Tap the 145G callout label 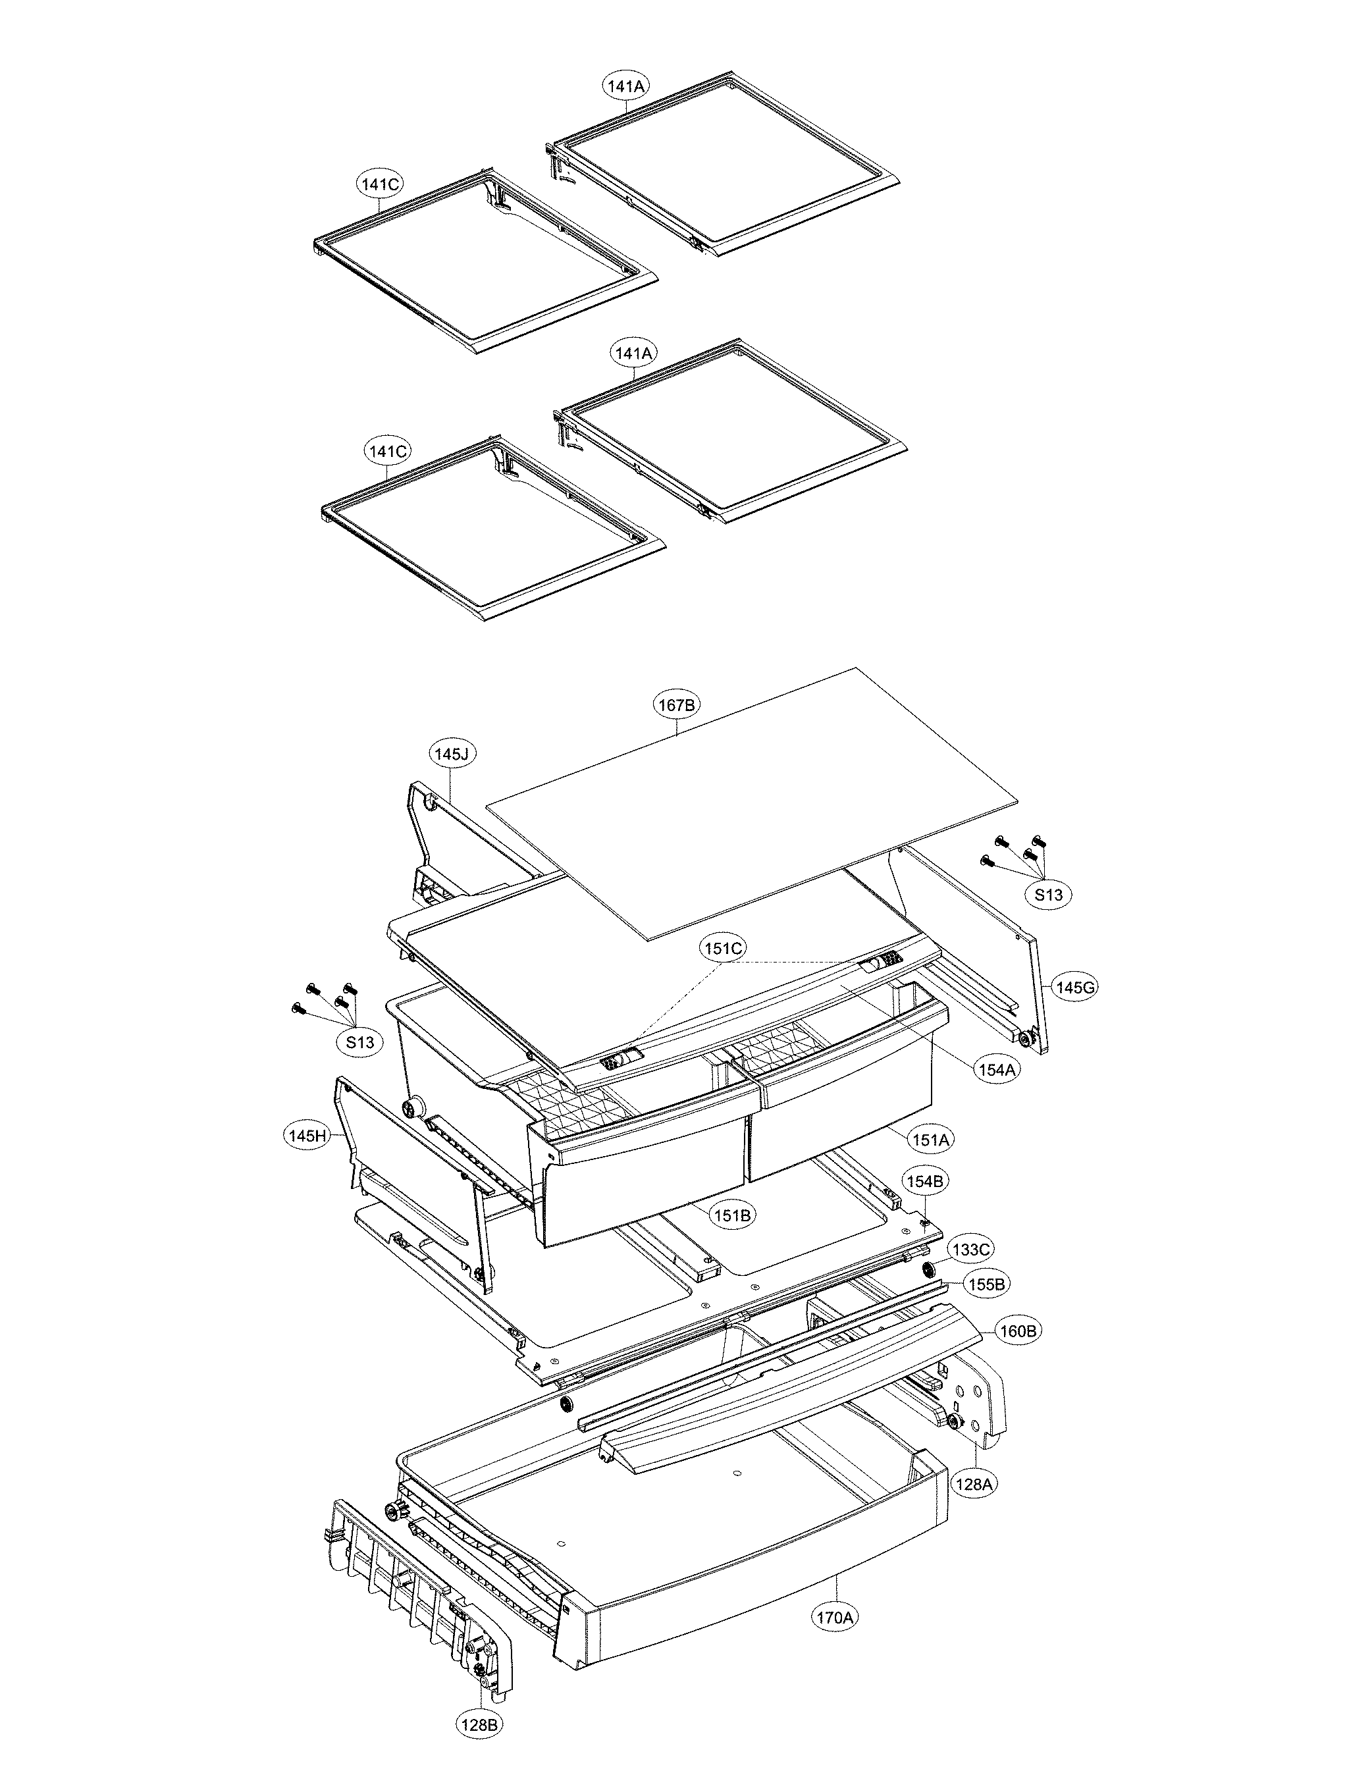(1074, 987)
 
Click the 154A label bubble (997, 1068)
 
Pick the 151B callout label (732, 1215)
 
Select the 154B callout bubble (926, 1181)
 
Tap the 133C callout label (972, 1249)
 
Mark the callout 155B (986, 1284)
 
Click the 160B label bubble (1018, 1331)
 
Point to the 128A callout (974, 1484)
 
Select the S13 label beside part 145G (1049, 893)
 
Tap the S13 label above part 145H (360, 1042)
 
